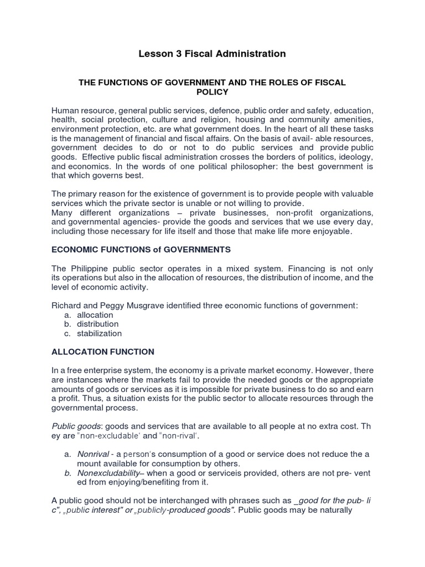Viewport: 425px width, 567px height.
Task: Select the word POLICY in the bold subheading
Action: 212,92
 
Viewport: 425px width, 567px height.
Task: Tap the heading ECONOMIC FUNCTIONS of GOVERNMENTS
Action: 141,250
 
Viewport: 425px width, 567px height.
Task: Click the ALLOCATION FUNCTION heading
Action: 103,352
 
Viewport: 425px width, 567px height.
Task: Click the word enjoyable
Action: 330,231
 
